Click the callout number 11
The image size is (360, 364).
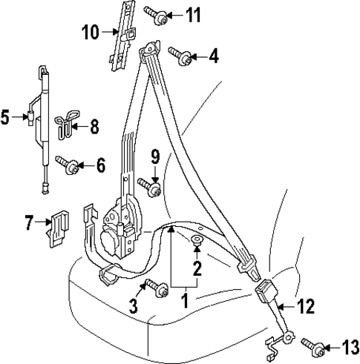[192, 13]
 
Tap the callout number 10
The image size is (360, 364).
[89, 32]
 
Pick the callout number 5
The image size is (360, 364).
[6, 116]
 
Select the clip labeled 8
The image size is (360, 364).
[68, 122]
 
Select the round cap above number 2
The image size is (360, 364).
[197, 239]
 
